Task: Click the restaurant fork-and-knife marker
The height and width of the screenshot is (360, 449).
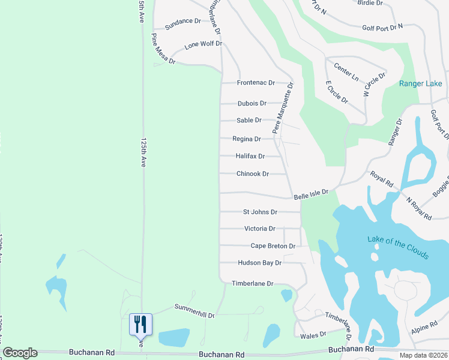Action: pyautogui.click(x=140, y=325)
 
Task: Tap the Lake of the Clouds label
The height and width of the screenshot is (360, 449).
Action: pyautogui.click(x=398, y=247)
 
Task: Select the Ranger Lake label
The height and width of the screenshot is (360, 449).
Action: pyautogui.click(x=420, y=83)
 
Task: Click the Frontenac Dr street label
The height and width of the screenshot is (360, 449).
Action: pyautogui.click(x=256, y=83)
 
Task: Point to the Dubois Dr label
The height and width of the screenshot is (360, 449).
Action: pyautogui.click(x=252, y=103)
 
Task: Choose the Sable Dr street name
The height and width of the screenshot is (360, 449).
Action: pyautogui.click(x=249, y=120)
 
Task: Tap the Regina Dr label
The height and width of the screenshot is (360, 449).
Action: pyautogui.click(x=247, y=139)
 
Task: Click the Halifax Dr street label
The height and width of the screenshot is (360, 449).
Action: pyautogui.click(x=250, y=156)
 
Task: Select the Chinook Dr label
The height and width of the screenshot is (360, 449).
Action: pyautogui.click(x=252, y=174)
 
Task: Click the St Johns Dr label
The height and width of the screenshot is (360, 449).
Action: pyautogui.click(x=260, y=212)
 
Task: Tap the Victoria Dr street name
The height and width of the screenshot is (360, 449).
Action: pyautogui.click(x=260, y=229)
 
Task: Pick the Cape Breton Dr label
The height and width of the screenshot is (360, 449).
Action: pyautogui.click(x=273, y=246)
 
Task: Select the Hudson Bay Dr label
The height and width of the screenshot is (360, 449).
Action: pyautogui.click(x=259, y=263)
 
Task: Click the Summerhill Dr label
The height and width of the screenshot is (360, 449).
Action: pyautogui.click(x=194, y=310)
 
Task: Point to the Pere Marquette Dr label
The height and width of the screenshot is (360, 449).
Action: pyautogui.click(x=283, y=107)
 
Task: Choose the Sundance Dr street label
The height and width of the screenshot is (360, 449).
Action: pyautogui.click(x=183, y=21)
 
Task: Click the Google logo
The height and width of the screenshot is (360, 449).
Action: pyautogui.click(x=20, y=353)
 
